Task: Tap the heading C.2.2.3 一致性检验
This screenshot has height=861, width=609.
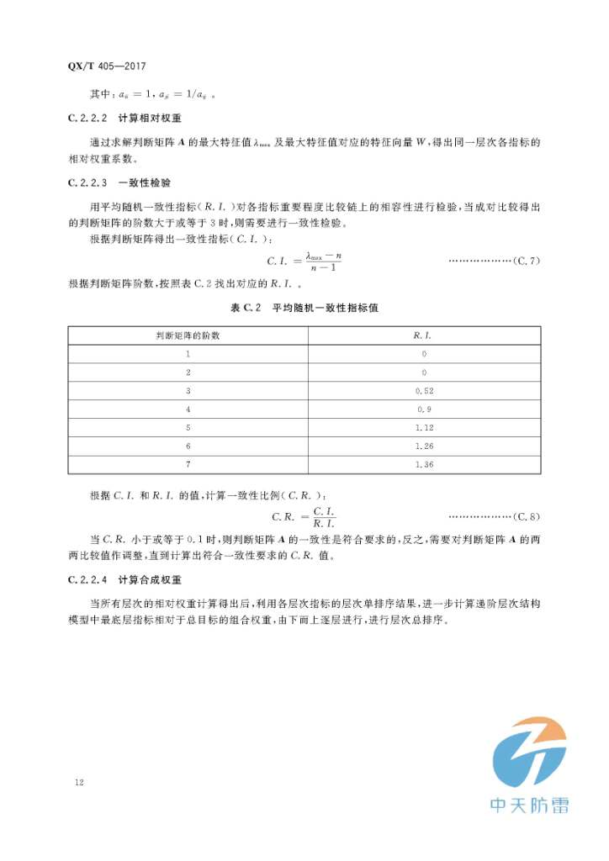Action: [124, 182]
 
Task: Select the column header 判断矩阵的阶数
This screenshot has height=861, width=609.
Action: [188, 335]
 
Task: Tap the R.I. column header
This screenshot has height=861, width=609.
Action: [423, 335]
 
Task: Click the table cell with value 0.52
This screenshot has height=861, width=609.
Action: [423, 390]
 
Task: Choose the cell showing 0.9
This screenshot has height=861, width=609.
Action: [423, 409]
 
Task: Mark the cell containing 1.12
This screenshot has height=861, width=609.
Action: [423, 427]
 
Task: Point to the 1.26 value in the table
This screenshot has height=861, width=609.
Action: [423, 446]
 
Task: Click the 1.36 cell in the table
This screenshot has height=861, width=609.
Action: [423, 464]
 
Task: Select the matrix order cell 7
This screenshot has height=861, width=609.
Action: [188, 464]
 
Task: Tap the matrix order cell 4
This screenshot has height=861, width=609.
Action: [188, 409]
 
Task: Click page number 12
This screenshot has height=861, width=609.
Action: [79, 783]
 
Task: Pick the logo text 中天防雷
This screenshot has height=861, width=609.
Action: [529, 805]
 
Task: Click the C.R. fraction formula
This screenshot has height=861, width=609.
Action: [304, 515]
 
